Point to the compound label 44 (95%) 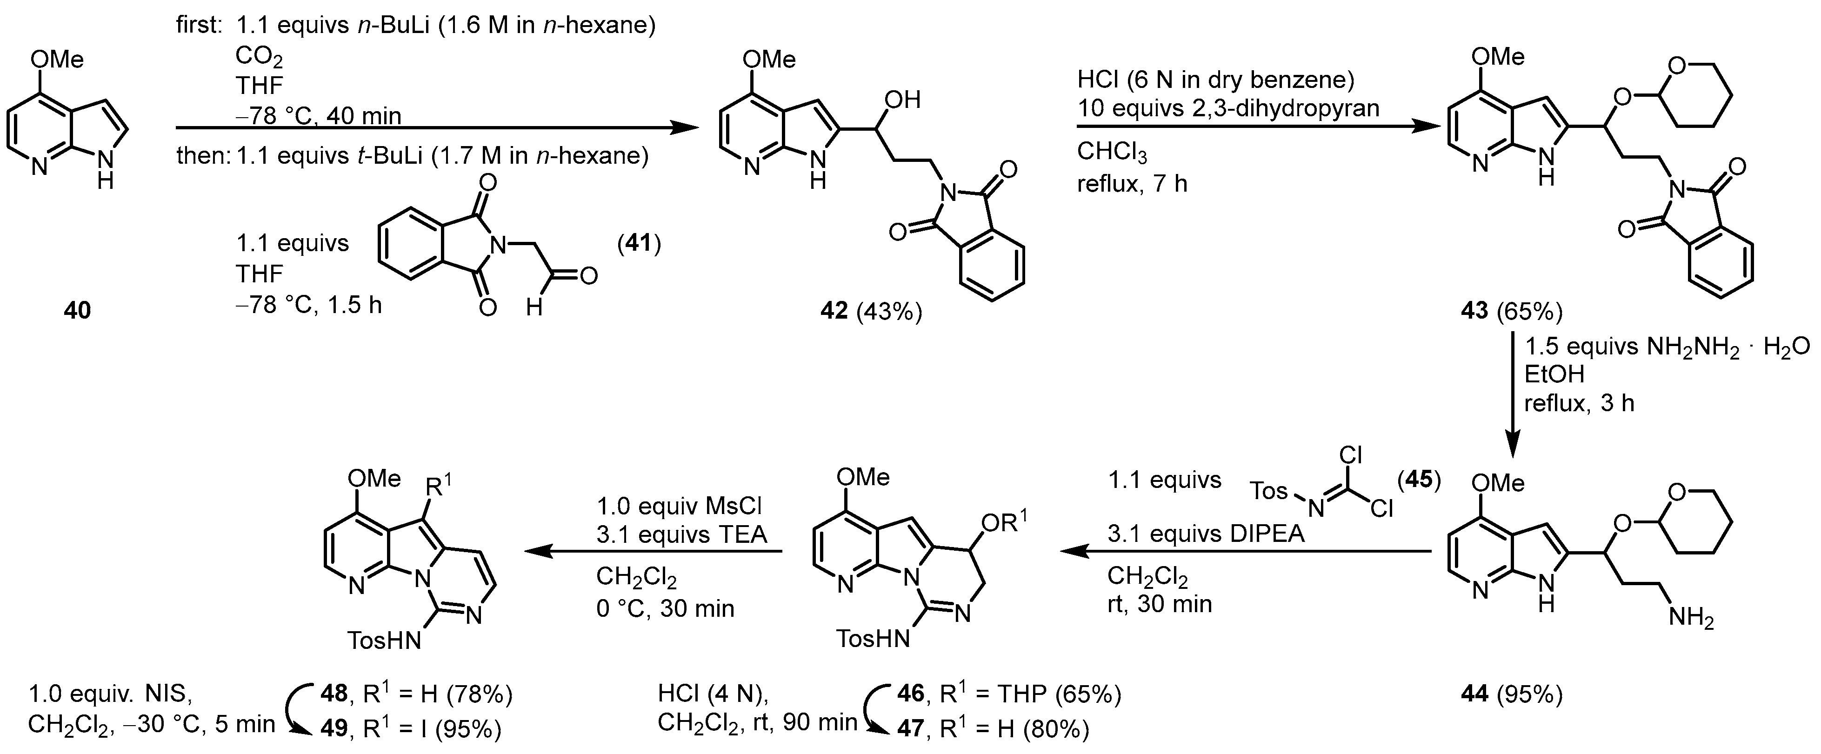pos(1511,694)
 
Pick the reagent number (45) pos(1419,480)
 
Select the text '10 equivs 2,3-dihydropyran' pos(1228,108)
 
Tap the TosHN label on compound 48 pos(385,640)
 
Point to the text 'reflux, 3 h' pos(1579,403)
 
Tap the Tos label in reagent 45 pos(1269,490)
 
